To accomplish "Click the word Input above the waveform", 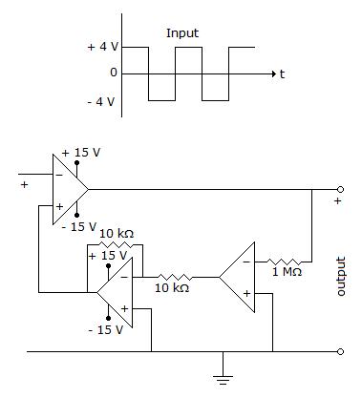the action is [182, 33].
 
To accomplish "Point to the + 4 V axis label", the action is [103, 47].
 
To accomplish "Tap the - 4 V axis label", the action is [101, 102].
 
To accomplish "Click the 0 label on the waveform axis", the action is [114, 73].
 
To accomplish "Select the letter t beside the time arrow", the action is [282, 74].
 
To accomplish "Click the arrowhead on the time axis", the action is [273, 74].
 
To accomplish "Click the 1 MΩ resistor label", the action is [287, 272].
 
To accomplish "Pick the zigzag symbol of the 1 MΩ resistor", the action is [285, 262].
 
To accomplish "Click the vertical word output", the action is [340, 276].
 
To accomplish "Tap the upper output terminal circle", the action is [340, 190].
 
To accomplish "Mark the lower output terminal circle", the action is [340, 351].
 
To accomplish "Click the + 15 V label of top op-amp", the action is [81, 153].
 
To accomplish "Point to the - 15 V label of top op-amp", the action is [78, 227].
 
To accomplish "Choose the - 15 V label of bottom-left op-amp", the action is [105, 330].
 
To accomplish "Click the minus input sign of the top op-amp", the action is [59, 175].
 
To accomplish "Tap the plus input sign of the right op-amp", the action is [246, 293].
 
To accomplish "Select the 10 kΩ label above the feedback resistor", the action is [117, 234].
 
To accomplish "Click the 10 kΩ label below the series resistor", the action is [172, 288].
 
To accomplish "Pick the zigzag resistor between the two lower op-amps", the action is [175, 277].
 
